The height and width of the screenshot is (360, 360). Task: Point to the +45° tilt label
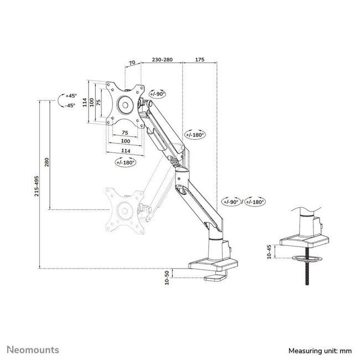pyautogui.click(x=70, y=95)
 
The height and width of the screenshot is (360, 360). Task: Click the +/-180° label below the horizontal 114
pyautogui.click(x=126, y=162)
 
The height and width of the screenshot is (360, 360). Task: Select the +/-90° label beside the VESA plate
pyautogui.click(x=158, y=94)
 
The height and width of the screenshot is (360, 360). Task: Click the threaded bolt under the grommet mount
pyautogui.click(x=304, y=271)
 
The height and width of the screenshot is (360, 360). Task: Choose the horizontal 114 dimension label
pyautogui.click(x=126, y=150)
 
